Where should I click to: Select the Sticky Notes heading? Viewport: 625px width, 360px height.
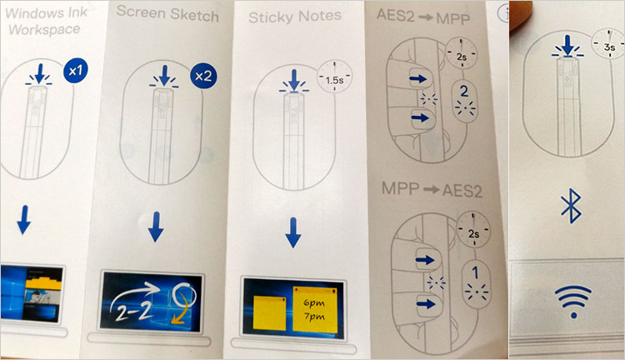295,15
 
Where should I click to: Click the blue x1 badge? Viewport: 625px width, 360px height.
75,72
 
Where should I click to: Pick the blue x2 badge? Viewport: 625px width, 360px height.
203,76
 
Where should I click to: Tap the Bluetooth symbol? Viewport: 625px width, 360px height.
571,206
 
